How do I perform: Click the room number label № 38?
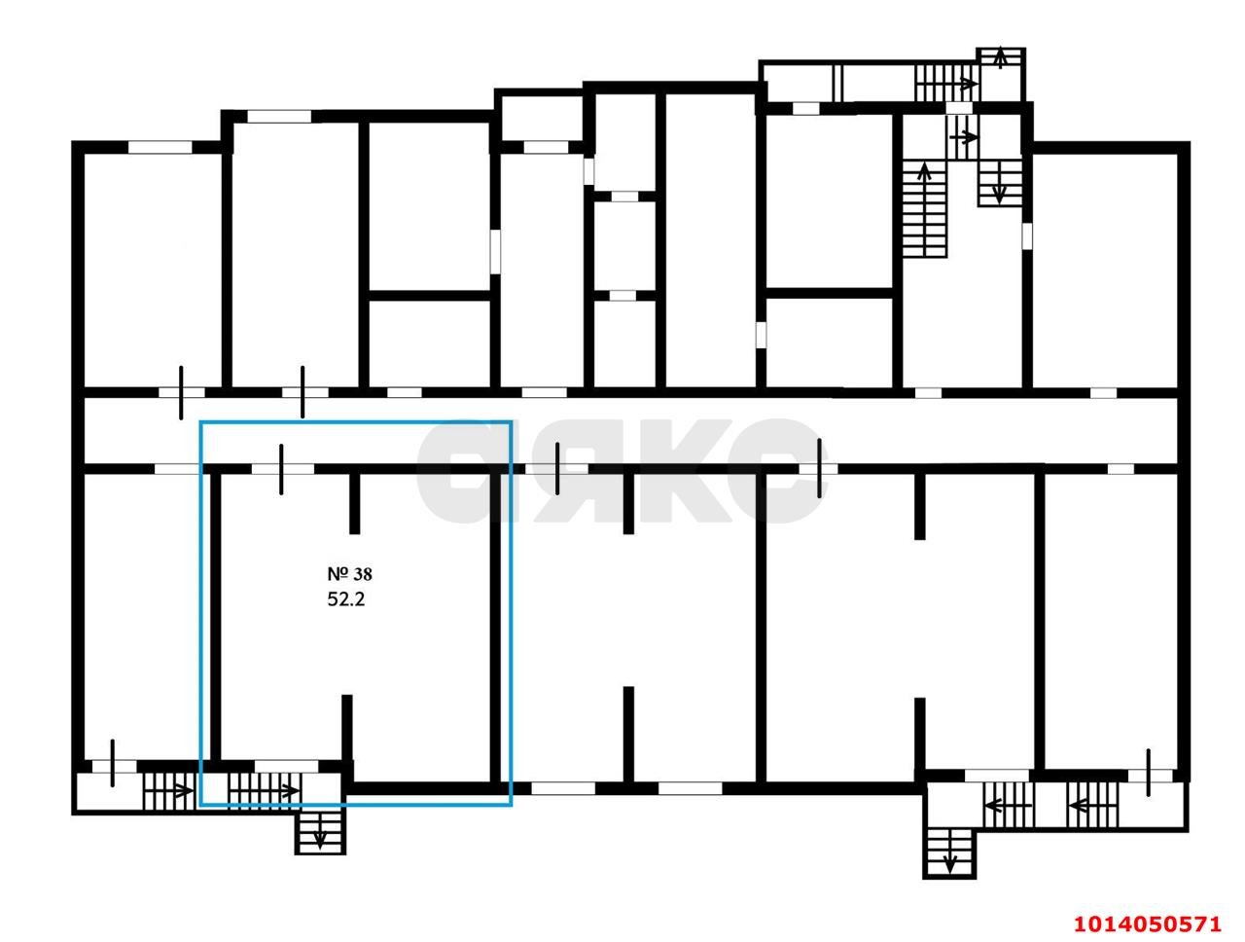348,575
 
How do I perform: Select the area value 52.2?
345,599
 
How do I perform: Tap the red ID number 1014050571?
1146,923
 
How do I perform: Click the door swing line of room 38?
281,468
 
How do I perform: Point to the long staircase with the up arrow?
924,209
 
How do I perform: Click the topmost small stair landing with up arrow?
1001,60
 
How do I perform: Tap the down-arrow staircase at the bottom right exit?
949,851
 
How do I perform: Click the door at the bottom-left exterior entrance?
113,764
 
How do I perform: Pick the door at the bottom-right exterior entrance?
1149,773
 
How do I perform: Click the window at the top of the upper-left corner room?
160,147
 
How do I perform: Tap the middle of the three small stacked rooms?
623,243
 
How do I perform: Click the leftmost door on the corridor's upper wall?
181,392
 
